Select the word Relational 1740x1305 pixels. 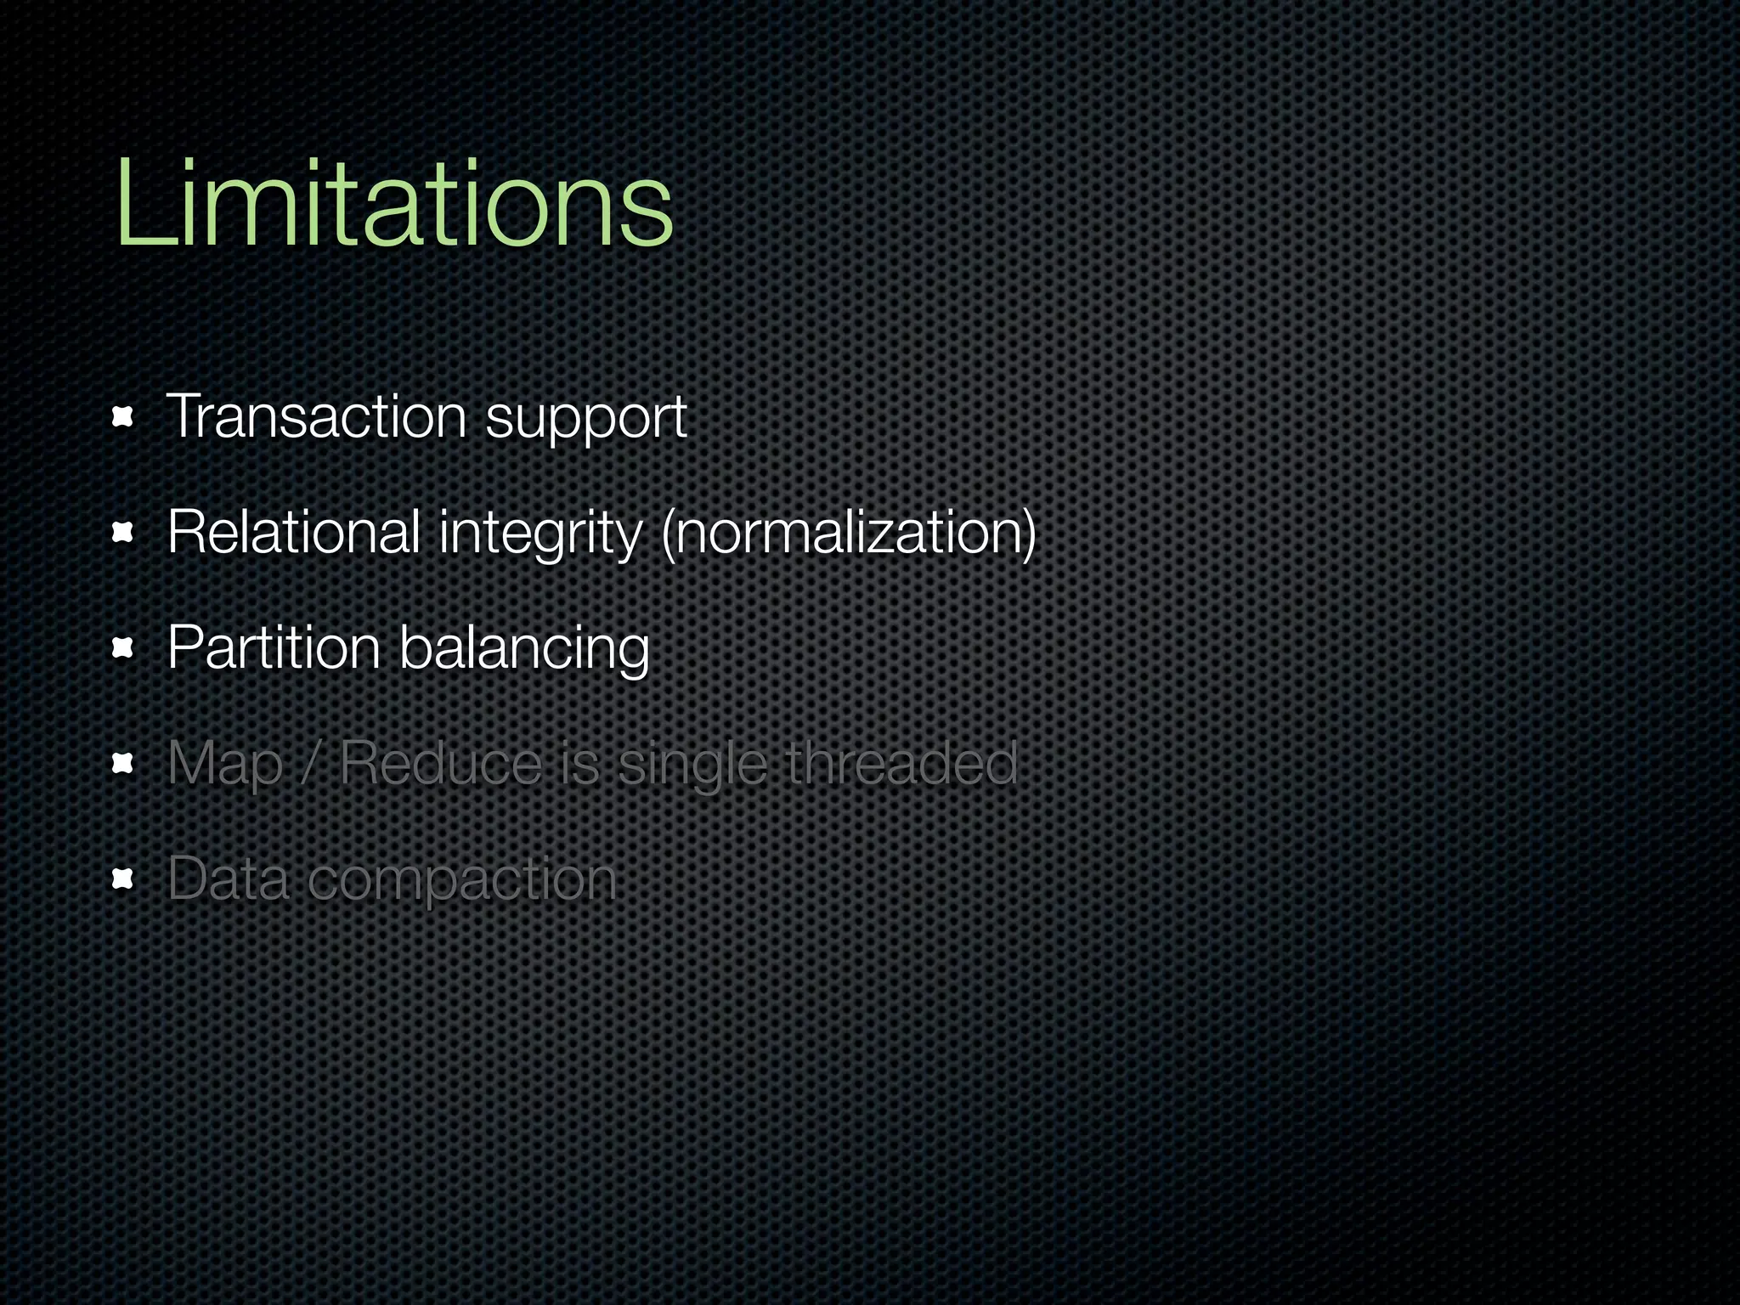click(x=294, y=533)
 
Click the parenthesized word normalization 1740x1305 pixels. click(x=848, y=534)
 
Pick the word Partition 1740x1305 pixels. click(x=274, y=648)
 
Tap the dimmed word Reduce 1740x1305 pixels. click(x=441, y=763)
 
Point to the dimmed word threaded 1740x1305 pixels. click(x=901, y=763)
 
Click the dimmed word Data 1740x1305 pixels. click(x=228, y=878)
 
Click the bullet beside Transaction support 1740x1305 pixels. click(x=123, y=417)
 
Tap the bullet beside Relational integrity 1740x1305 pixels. click(x=123, y=533)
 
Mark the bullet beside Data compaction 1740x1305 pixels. click(x=123, y=879)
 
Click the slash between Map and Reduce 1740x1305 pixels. click(x=310, y=763)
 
